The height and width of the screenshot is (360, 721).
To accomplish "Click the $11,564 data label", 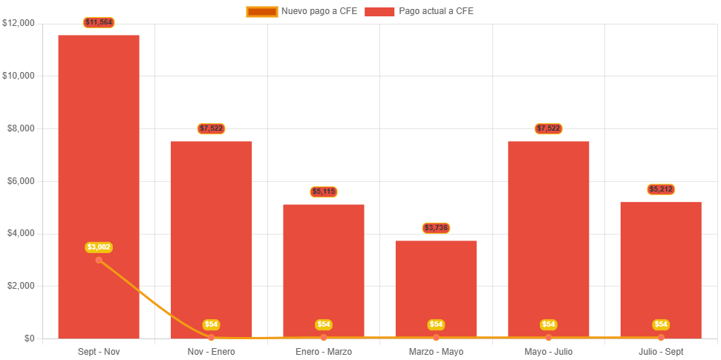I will [x=99, y=22].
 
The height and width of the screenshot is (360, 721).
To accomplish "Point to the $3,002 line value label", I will [x=99, y=246].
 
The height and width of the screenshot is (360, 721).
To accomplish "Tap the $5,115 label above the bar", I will [x=324, y=192].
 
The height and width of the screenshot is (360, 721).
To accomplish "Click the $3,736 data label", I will [x=436, y=227].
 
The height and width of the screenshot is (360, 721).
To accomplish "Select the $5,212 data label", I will [x=661, y=189].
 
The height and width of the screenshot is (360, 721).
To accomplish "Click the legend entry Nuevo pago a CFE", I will [x=301, y=11].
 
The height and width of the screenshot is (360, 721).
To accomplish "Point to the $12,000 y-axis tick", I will [x=19, y=23].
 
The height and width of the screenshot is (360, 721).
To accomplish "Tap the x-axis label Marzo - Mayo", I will [x=436, y=351].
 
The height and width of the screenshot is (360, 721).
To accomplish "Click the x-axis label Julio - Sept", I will [x=661, y=351].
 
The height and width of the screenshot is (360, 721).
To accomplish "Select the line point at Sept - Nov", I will [x=99, y=260].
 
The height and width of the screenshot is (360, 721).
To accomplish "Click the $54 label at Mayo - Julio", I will [x=548, y=324].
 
